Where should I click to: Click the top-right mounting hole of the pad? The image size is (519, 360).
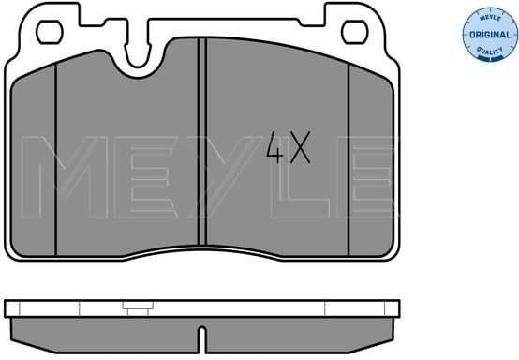tap(354, 33)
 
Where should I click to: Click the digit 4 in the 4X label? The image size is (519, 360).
tap(274, 149)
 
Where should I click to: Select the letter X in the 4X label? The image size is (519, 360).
tap(299, 149)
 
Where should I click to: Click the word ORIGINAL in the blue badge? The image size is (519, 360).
tap(486, 35)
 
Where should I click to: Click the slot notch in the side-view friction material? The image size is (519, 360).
tap(202, 333)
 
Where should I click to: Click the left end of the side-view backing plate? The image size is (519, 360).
tap(9, 307)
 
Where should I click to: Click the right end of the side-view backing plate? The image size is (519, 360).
tap(394, 307)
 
